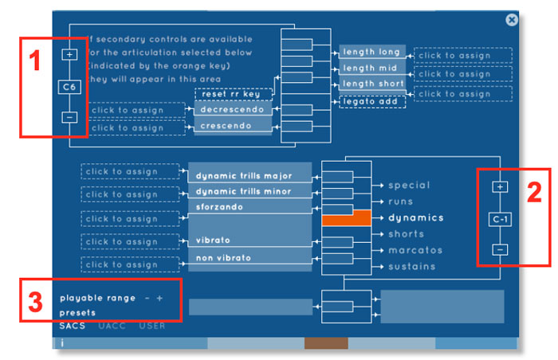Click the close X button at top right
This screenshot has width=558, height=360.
pyautogui.click(x=512, y=20)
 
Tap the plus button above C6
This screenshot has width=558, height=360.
pyautogui.click(x=69, y=54)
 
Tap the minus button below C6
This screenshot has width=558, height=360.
pyautogui.click(x=69, y=117)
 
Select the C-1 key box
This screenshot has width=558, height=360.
pyautogui.click(x=500, y=218)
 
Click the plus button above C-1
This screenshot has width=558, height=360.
pyautogui.click(x=500, y=186)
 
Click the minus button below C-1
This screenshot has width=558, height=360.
pyautogui.click(x=500, y=249)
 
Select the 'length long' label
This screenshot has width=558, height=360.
pyautogui.click(x=372, y=53)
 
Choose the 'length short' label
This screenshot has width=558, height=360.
pyautogui.click(x=372, y=84)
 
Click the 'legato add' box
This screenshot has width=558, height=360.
pyautogui.click(x=372, y=102)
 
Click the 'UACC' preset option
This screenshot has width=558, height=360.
pyautogui.click(x=112, y=326)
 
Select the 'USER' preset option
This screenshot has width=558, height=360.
pyautogui.click(x=152, y=326)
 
